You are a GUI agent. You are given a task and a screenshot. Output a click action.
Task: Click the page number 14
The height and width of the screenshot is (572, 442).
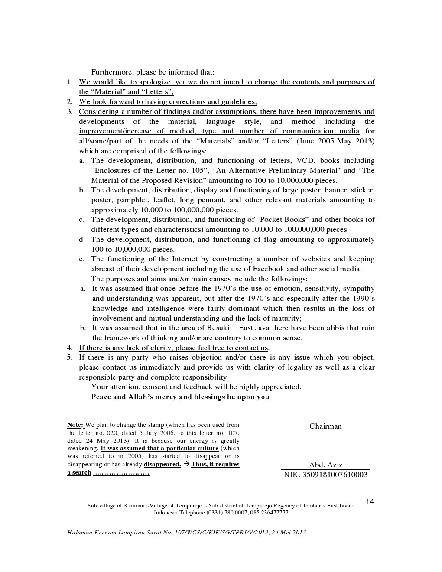[x=370, y=502]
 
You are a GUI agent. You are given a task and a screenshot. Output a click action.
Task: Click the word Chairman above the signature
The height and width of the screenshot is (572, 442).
[x=325, y=426]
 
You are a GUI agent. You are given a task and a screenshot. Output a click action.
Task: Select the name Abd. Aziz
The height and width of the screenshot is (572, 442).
[x=325, y=465]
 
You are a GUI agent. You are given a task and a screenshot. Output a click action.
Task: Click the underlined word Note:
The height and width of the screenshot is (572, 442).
[x=75, y=425]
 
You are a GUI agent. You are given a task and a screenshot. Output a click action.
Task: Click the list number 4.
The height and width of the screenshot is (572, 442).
[x=69, y=348]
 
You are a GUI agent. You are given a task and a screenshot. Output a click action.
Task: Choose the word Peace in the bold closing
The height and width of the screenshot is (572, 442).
[x=101, y=397]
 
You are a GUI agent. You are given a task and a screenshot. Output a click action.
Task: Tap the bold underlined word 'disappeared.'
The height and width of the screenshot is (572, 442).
[x=162, y=465]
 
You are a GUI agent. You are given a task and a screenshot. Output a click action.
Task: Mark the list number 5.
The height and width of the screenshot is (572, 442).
[x=69, y=357]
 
